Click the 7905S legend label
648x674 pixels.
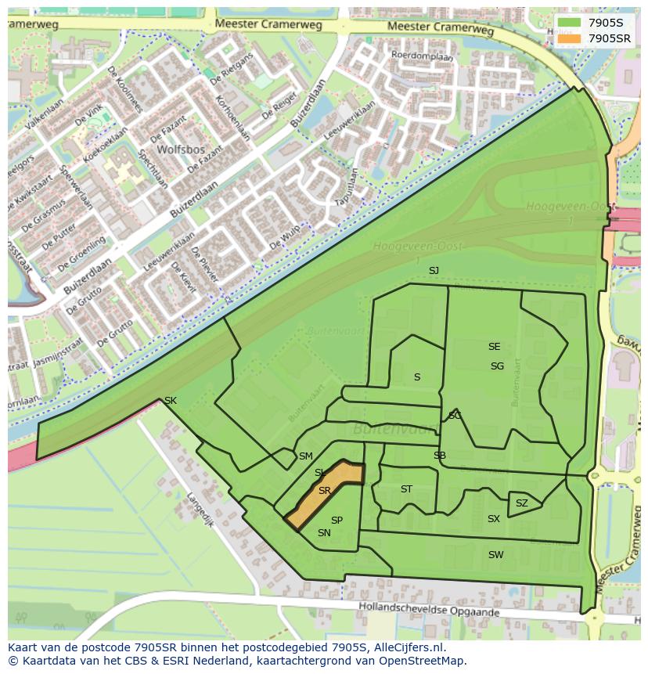tap(606, 22)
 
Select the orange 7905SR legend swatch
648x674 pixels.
tap(569, 38)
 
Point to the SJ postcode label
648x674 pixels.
tap(434, 270)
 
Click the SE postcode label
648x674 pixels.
tap(494, 347)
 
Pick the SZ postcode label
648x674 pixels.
tap(521, 503)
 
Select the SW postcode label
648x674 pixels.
tap(495, 555)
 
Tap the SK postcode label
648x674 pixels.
tap(170, 401)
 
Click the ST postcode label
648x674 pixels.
tap(406, 489)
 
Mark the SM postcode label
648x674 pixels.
tap(305, 456)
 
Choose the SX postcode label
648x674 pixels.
tap(493, 519)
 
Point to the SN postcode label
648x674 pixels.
tap(324, 533)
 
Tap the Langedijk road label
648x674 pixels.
tap(200, 508)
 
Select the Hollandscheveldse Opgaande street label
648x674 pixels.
tap(428, 609)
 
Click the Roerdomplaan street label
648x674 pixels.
tap(422, 56)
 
